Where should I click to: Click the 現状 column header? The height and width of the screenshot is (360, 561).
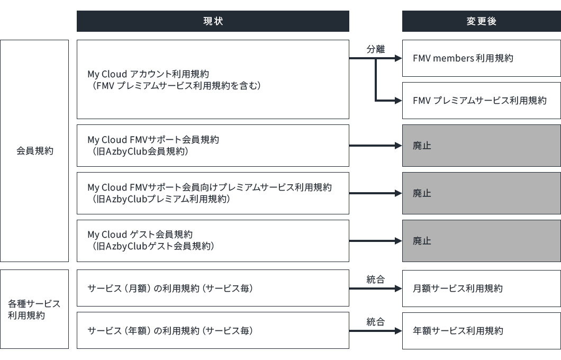[213, 21]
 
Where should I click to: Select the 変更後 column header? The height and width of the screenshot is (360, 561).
[481, 21]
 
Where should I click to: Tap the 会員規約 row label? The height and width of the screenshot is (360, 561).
[34, 151]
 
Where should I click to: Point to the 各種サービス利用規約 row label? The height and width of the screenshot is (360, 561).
[34, 309]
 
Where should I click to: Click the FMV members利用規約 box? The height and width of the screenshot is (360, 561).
[481, 58]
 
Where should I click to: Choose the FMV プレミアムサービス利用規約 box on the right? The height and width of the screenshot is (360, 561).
[481, 100]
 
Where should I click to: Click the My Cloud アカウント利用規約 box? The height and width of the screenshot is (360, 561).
[213, 79]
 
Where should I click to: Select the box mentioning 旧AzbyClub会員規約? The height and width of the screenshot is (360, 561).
[213, 146]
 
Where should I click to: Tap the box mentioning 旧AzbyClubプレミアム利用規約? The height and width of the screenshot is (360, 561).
[213, 193]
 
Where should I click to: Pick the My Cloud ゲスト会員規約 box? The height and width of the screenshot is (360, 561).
[213, 241]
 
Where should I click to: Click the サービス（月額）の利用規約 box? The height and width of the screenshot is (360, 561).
[213, 289]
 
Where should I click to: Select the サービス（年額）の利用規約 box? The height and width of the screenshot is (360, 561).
[213, 330]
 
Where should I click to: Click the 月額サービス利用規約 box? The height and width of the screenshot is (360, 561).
[481, 289]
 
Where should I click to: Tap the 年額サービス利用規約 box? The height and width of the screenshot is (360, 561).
[481, 330]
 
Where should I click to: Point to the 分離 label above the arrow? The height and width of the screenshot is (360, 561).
[376, 49]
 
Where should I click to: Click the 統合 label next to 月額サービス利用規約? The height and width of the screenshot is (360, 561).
[376, 280]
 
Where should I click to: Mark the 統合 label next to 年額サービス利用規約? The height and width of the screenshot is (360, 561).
[376, 321]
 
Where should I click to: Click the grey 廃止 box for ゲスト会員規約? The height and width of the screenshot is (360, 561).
[481, 241]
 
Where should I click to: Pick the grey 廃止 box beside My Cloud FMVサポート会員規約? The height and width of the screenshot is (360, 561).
[481, 146]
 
